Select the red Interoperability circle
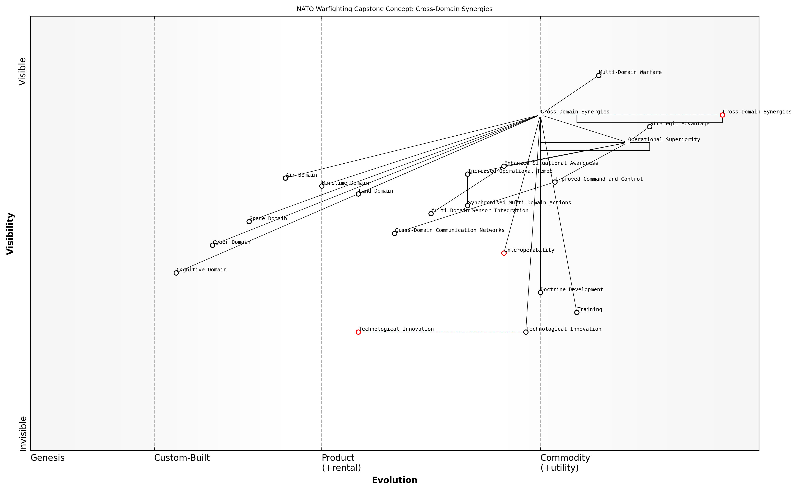(x=504, y=253)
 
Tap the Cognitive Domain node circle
(x=176, y=273)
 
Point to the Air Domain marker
(x=285, y=178)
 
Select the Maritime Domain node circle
(x=322, y=186)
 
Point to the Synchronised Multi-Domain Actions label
(x=520, y=203)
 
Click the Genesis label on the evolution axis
(x=47, y=458)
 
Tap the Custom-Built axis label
(x=182, y=458)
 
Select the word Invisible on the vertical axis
(x=23, y=434)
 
